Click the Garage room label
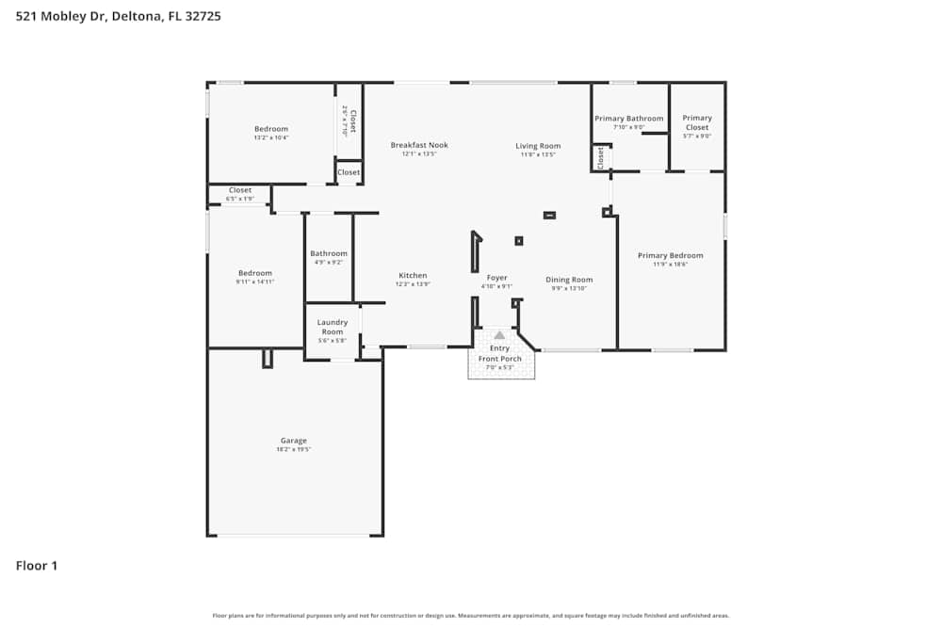(294, 441)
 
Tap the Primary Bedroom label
(670, 255)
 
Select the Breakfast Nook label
(419, 145)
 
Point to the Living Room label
(538, 146)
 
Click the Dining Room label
(570, 280)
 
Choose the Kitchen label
(412, 276)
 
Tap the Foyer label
(496, 278)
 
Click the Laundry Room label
(332, 327)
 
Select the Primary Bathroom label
(628, 119)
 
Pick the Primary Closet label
(697, 122)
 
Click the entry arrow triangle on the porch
(499, 335)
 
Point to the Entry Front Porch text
(499, 354)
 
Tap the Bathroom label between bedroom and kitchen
(329, 253)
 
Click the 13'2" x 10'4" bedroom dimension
(271, 137)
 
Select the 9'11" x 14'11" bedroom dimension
(254, 282)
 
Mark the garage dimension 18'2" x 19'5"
(294, 450)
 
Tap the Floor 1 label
(37, 566)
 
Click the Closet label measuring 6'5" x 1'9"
(240, 190)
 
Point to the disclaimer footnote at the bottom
(471, 616)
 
